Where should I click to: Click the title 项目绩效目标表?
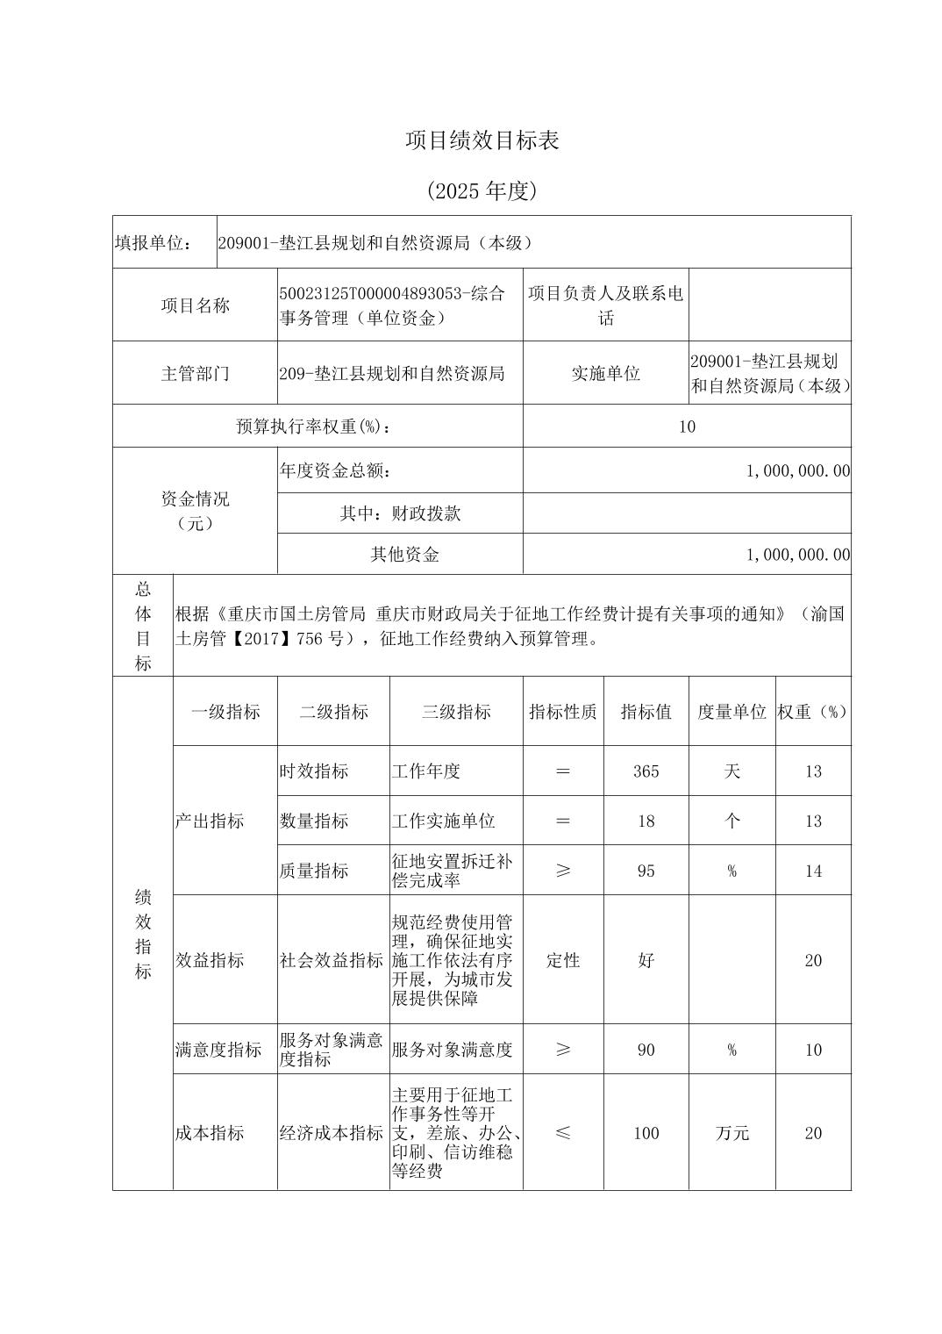pyautogui.click(x=482, y=140)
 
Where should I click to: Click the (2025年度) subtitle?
pyautogui.click(x=482, y=190)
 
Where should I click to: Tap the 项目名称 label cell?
pyautogui.click(x=195, y=305)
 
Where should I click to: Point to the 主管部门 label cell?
pyautogui.click(x=195, y=374)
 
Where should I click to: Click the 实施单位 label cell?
pyautogui.click(x=605, y=374)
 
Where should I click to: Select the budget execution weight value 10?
pyautogui.click(x=687, y=427)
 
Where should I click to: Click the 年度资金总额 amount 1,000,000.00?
pyautogui.click(x=798, y=471)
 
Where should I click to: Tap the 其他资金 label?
pyautogui.click(x=404, y=555)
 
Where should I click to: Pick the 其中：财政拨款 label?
pyautogui.click(x=400, y=513)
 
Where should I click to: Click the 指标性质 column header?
pyautogui.click(x=562, y=712)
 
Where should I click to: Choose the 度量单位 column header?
pyautogui.click(x=731, y=712)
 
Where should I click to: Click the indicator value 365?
pyautogui.click(x=646, y=771)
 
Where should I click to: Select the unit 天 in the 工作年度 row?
pyautogui.click(x=731, y=771)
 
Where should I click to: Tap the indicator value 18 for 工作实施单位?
pyautogui.click(x=646, y=821)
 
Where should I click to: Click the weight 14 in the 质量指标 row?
pyautogui.click(x=813, y=871)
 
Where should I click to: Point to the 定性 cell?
pyautogui.click(x=562, y=960)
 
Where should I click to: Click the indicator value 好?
pyautogui.click(x=646, y=960)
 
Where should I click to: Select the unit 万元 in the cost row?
pyautogui.click(x=731, y=1133)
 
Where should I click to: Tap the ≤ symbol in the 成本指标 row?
pyautogui.click(x=562, y=1133)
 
